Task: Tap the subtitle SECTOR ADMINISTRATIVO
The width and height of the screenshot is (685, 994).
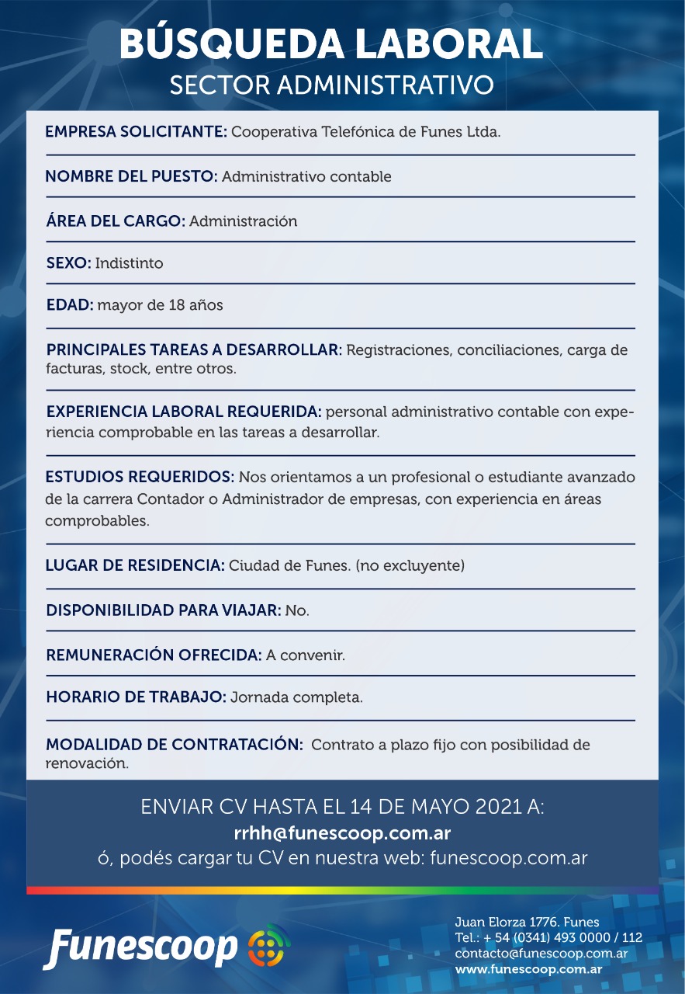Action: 331,85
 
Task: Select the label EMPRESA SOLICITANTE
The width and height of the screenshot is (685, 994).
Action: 136,131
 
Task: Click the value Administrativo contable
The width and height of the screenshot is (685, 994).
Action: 306,176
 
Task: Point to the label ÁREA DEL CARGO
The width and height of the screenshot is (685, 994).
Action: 116,221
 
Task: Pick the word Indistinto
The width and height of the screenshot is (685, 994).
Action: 129,263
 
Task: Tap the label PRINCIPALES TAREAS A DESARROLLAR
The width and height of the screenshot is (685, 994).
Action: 194,349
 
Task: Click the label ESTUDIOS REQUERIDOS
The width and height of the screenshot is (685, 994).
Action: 140,476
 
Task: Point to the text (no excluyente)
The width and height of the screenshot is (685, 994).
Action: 410,565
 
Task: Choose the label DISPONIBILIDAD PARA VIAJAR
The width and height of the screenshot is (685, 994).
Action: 163,610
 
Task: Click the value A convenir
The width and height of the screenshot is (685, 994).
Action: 305,655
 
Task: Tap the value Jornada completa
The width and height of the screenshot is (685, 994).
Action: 296,697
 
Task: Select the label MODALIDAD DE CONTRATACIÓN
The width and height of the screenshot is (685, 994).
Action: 174,745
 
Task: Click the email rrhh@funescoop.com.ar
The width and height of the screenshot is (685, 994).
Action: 342,833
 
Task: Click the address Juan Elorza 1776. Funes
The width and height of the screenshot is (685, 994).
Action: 527,923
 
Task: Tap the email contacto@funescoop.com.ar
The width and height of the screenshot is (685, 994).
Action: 541,954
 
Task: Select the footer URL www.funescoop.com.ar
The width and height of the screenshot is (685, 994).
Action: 528,969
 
